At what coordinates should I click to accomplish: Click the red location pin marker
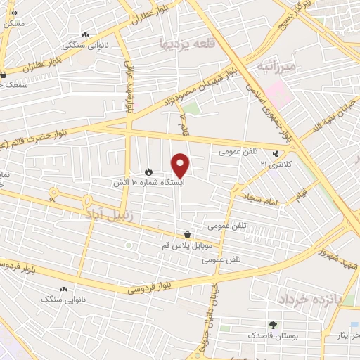coord(181,165)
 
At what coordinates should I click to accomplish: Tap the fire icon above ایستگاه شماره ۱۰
coord(148,172)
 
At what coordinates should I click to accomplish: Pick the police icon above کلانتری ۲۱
coord(276,153)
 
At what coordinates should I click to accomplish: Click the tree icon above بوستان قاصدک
coord(272,325)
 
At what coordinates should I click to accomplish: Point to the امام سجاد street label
coord(262,200)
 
